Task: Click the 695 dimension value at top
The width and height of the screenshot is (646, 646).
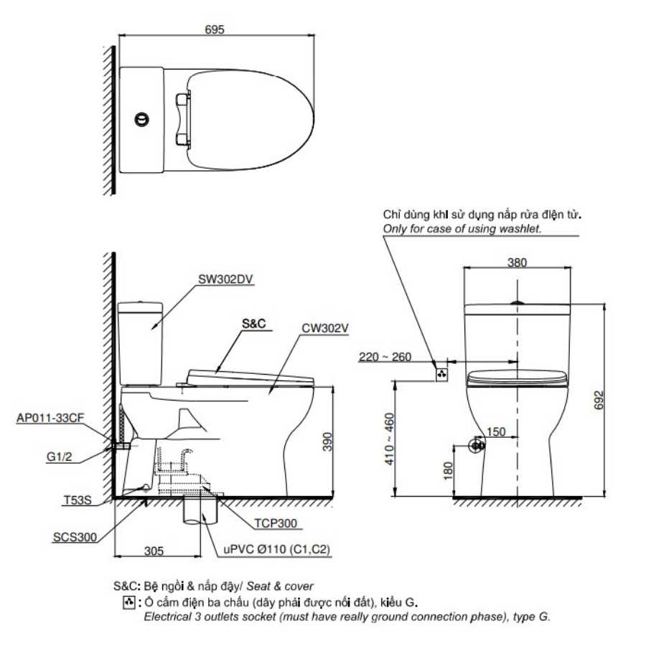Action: click(214, 29)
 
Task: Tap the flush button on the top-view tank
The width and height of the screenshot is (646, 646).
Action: click(141, 119)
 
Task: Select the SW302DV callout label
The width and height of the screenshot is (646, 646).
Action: click(225, 279)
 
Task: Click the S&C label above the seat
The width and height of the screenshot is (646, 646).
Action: click(254, 324)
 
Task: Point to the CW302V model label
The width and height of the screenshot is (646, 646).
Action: click(325, 328)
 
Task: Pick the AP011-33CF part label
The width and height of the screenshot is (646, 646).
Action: click(50, 418)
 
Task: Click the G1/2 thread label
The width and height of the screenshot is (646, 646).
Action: click(60, 457)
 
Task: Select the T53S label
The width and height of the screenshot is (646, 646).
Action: click(78, 500)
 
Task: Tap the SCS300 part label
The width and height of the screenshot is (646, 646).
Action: click(75, 537)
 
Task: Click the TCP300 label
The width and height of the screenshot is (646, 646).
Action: click(276, 523)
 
